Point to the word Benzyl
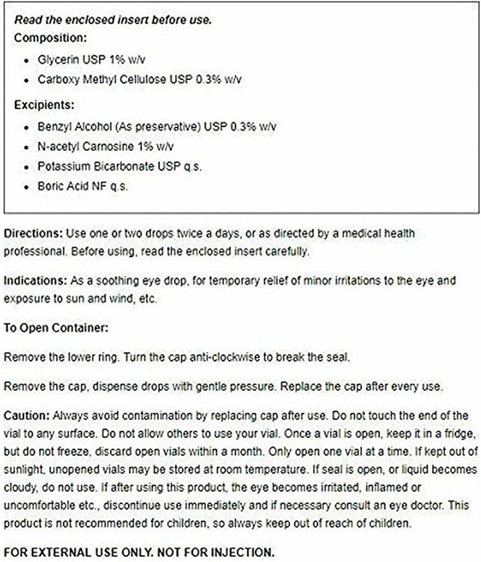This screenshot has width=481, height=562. point(52,128)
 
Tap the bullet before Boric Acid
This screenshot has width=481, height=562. point(28,187)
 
